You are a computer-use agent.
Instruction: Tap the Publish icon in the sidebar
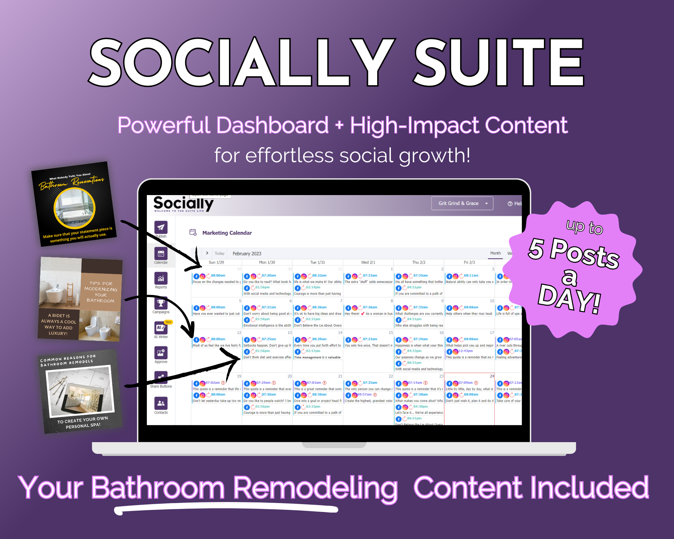161,227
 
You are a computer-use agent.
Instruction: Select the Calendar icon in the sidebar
161,254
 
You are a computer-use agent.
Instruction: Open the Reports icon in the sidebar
161,279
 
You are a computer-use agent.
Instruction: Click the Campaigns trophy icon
161,303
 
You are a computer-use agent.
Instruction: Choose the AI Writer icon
161,328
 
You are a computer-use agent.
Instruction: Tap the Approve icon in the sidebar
161,353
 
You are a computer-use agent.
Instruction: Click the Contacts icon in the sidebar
161,403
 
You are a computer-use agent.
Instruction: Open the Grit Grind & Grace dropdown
462,203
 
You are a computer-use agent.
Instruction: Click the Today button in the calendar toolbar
219,254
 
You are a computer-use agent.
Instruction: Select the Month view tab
495,253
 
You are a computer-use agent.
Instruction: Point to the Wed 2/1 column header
368,262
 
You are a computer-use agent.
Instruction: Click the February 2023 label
247,254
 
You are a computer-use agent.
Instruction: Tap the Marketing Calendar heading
227,233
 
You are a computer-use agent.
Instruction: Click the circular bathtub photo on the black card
74,208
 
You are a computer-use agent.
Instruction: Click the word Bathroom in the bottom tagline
157,487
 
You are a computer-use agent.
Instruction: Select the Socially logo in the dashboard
183,204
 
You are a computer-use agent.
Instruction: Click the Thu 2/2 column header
419,262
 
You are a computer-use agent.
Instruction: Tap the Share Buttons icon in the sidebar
161,377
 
